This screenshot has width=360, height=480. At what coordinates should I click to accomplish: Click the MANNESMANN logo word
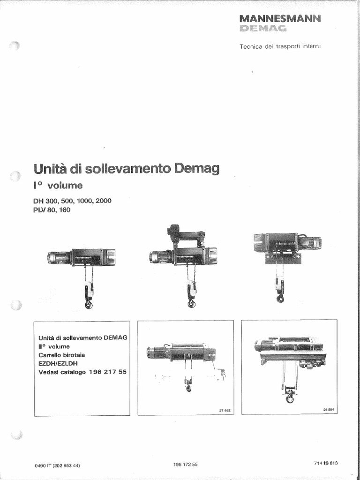280,19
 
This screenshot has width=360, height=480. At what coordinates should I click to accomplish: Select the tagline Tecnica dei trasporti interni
280,46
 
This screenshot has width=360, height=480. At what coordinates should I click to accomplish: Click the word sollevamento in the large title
120,168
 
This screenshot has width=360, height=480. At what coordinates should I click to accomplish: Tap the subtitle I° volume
58,186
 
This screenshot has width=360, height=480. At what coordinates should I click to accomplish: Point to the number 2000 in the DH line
103,201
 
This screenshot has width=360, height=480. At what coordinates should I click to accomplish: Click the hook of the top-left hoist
88,304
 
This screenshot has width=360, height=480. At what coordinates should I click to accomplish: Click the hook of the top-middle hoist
191,304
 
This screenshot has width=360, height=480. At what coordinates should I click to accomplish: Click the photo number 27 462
225,411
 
